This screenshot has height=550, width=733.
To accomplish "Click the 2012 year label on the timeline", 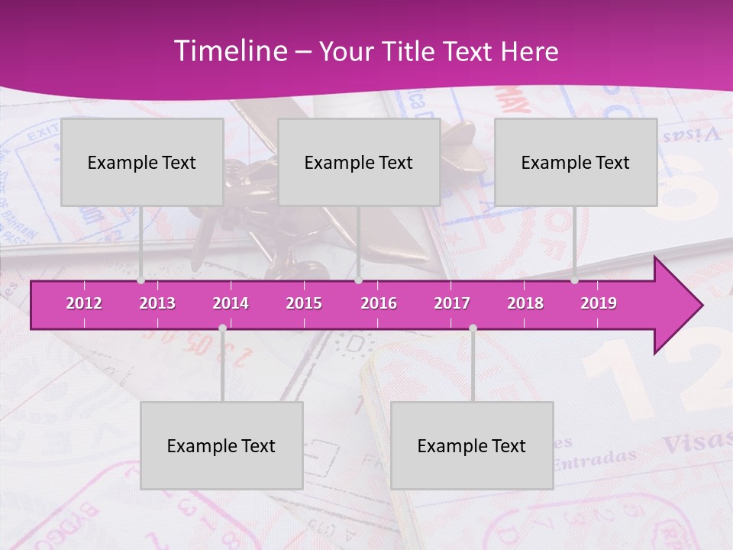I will pos(84,303).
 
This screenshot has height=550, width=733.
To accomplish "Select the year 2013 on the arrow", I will pos(157,303).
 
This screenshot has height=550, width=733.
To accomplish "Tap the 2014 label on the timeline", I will pos(231,303).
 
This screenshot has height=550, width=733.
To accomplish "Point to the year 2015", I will pos(304,303).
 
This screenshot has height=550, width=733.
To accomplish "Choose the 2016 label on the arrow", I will pos(379,303).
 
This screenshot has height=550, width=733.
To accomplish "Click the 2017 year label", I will pos(452,303).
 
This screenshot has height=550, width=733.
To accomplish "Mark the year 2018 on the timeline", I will pos(525,303).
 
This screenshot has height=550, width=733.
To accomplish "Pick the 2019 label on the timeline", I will pos(599,303).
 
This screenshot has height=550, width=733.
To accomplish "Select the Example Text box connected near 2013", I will pos(142,163).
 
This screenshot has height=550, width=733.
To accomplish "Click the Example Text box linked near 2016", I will pos(359,163).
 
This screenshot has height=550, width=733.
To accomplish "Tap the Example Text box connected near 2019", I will pos(576,163).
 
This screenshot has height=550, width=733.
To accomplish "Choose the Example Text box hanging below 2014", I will pos(221,446).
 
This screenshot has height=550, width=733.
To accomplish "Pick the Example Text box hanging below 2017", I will pos(472,446).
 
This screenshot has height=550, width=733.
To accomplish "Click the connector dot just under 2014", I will pos(222,328).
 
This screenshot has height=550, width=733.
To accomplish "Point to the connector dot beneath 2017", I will pos(473,328).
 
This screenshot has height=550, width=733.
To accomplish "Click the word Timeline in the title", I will pos(230,51).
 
